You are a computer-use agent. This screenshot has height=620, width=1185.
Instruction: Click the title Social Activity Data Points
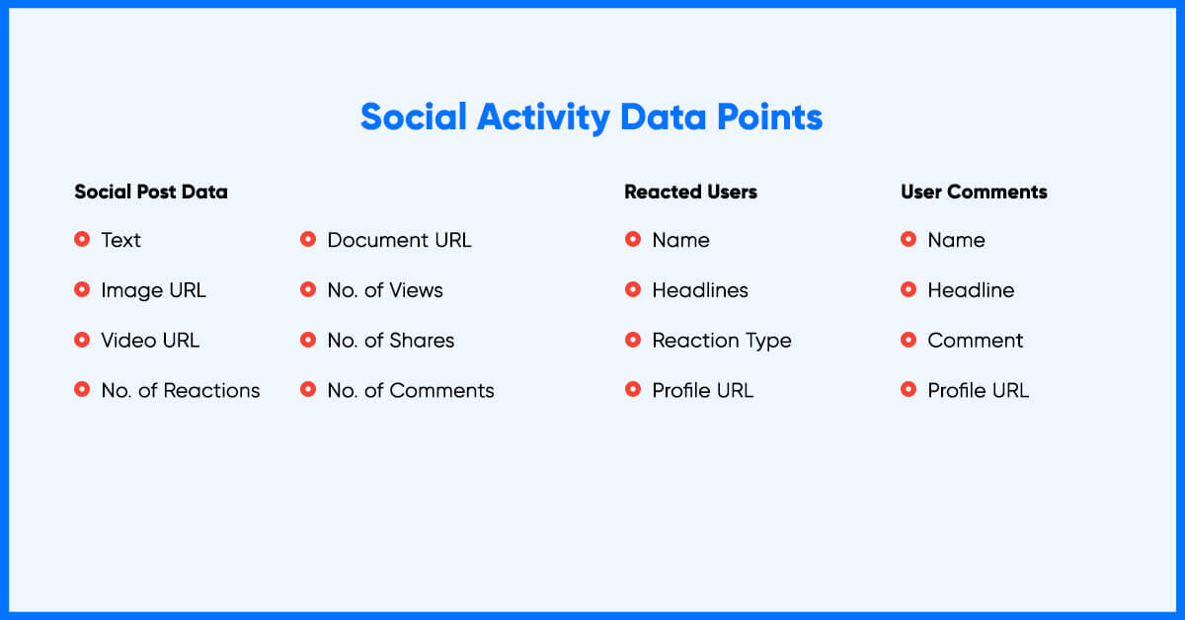(x=592, y=117)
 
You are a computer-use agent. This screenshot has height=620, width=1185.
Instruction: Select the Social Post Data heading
(x=151, y=192)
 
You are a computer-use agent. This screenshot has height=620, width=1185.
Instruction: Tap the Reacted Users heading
(x=690, y=192)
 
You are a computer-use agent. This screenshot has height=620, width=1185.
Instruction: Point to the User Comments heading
(x=974, y=192)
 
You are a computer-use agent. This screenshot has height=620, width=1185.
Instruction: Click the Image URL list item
(x=153, y=290)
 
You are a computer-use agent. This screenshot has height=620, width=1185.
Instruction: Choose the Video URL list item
(x=150, y=341)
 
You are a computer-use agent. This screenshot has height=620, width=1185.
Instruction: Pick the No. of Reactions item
(x=181, y=390)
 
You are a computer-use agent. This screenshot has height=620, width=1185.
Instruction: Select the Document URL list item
(x=399, y=240)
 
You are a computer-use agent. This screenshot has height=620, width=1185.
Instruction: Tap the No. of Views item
(x=385, y=290)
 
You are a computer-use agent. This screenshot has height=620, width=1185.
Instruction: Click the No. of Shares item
(x=391, y=341)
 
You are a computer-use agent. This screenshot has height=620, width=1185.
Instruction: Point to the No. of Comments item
(x=411, y=390)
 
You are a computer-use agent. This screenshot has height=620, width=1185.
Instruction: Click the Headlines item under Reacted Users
(x=700, y=290)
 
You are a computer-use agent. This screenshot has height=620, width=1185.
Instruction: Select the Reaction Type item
(x=722, y=341)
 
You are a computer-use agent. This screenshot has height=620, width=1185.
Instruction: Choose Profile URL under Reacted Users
(x=702, y=390)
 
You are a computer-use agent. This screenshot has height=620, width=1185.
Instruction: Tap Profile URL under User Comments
(x=979, y=390)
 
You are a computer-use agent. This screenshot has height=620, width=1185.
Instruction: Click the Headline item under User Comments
(x=971, y=290)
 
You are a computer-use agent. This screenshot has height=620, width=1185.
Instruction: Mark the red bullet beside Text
(x=82, y=239)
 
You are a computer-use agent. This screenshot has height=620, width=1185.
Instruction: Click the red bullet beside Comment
(x=908, y=340)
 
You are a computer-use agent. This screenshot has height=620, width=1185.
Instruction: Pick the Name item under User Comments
(x=957, y=240)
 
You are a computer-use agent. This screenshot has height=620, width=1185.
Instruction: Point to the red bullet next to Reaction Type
(x=633, y=340)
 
